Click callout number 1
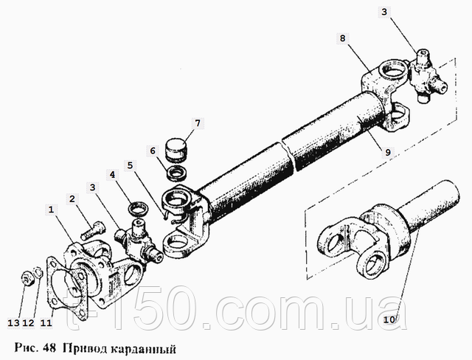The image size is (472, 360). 51,210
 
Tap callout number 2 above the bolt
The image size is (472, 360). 72,199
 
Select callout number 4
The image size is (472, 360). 112,175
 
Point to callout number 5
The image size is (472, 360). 130,165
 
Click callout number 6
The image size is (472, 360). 153,150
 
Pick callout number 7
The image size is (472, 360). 198,123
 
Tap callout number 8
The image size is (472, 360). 342,38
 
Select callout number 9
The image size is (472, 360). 388,152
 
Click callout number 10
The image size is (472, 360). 389,319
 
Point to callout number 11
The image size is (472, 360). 46,323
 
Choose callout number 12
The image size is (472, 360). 29,323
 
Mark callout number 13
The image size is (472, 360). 13,323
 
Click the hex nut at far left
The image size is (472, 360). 27,279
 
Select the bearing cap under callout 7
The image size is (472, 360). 176,148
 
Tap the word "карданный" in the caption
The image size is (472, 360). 141,349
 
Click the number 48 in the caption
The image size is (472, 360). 49,348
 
